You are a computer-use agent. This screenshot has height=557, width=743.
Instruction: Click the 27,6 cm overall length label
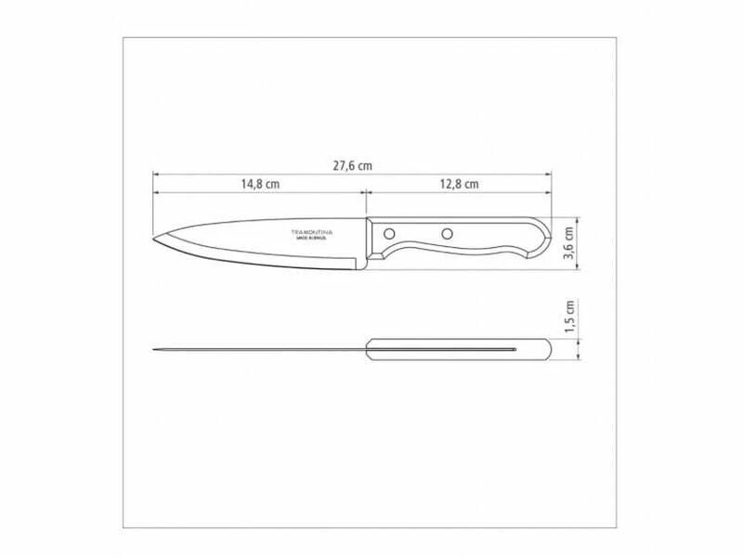353,165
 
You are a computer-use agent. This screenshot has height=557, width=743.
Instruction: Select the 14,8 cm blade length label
261,185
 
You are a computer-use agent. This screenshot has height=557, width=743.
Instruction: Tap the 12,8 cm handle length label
459,185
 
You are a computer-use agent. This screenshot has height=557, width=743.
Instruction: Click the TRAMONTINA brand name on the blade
312,230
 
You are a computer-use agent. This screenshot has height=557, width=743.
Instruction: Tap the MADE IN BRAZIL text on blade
312,239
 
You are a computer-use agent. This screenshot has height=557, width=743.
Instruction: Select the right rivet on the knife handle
447,233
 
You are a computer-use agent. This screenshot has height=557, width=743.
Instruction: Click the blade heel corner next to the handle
359,266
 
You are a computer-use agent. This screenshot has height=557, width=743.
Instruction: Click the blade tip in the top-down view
154,350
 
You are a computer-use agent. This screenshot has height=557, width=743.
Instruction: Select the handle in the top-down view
460,350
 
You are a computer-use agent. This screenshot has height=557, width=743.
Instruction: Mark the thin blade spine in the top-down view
260,350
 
